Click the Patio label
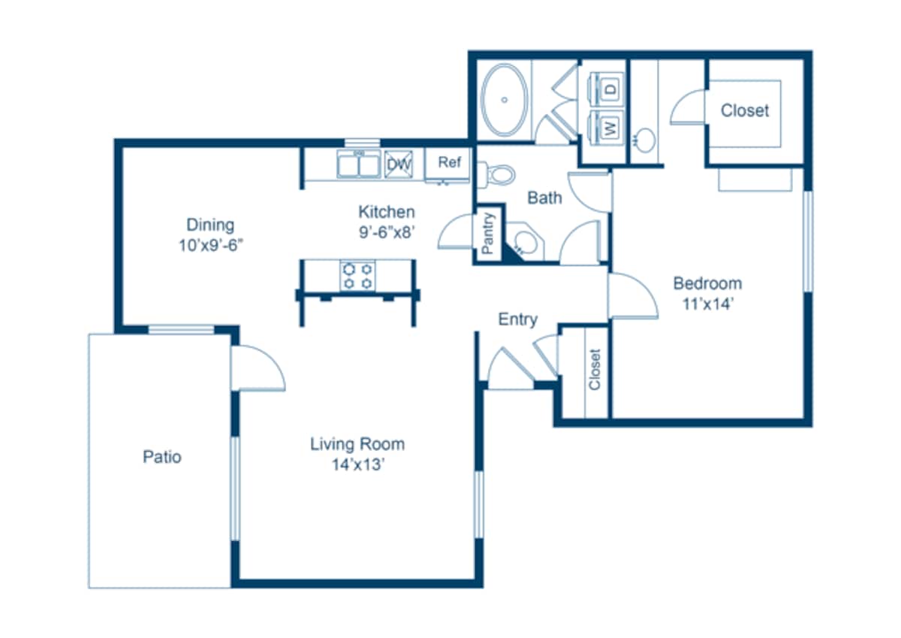[x=162, y=457]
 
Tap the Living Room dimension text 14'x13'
[x=358, y=464]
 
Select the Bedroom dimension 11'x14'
[x=708, y=304]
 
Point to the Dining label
[x=210, y=225]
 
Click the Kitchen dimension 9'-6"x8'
[x=387, y=232]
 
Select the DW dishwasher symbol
[x=398, y=165]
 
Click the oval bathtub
[x=505, y=100]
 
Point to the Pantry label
[x=487, y=234]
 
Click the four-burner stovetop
[x=357, y=276]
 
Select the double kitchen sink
[x=358, y=165]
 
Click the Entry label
[x=517, y=319]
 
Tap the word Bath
[x=544, y=198]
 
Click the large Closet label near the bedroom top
[x=745, y=110]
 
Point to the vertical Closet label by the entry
[x=595, y=370]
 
